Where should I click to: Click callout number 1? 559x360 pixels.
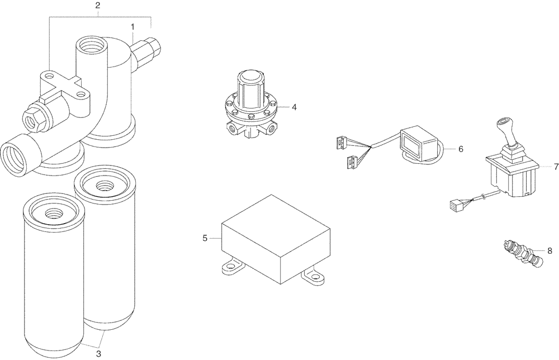pos(132,26)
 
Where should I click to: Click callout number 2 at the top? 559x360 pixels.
pos(98,6)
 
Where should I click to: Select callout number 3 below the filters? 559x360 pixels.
pos(98,353)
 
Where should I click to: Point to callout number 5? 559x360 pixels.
pos(205,238)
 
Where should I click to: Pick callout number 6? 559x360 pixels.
pos(461,149)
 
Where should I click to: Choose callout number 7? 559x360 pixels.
pos(556,167)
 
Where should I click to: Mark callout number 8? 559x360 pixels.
pos(549,250)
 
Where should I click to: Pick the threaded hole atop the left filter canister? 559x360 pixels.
pos(53,212)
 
